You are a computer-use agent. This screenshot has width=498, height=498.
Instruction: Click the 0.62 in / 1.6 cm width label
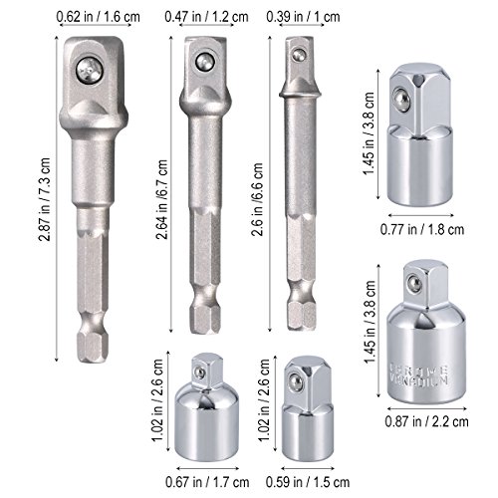click(x=99, y=17)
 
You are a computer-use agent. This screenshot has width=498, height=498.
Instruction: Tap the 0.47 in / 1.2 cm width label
click(x=206, y=17)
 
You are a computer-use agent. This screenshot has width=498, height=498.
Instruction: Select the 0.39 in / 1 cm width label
click(x=303, y=17)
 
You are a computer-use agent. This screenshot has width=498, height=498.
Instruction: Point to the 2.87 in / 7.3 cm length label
click(x=44, y=199)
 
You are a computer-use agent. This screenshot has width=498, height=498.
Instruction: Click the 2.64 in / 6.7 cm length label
click(x=162, y=199)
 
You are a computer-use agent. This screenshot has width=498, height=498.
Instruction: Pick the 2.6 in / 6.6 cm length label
click(x=257, y=199)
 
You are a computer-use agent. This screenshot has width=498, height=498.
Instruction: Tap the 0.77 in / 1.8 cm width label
click(x=422, y=229)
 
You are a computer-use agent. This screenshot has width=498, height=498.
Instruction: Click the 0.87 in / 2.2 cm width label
click(x=426, y=421)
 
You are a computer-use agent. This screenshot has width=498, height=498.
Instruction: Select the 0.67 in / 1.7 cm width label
click(x=207, y=482)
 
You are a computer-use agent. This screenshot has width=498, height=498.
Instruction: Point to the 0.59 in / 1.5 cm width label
click(x=308, y=482)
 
